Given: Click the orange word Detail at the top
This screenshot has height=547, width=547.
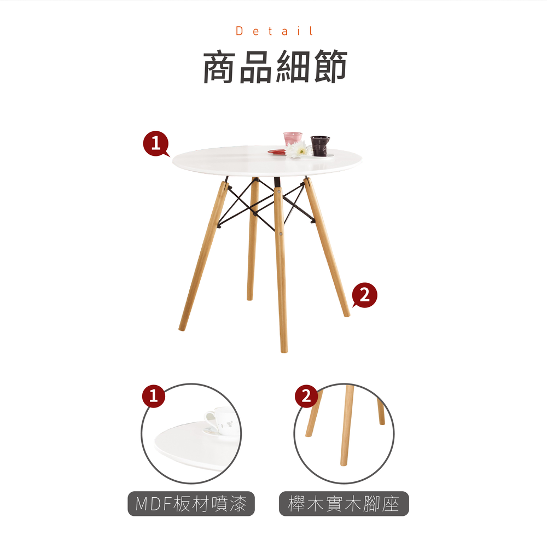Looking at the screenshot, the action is click(275, 31).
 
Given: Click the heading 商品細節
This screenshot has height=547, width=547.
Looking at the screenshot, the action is click(275, 67).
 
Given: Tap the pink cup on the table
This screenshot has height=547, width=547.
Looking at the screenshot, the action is click(292, 138).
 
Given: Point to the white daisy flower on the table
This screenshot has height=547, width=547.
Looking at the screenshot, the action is click(299, 150).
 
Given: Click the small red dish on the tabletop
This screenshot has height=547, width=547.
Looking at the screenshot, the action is click(277, 152).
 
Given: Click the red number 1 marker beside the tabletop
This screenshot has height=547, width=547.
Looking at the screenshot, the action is click(156, 143).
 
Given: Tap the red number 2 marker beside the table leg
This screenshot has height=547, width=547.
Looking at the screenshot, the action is click(364, 295).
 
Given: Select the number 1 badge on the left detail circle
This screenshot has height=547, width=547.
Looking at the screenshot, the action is click(154, 396).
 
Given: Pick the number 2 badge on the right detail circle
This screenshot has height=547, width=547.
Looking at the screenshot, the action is click(306, 396).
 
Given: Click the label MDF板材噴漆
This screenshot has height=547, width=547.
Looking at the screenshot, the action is click(191, 504).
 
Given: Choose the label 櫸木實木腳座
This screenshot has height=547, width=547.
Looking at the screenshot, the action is click(344, 504).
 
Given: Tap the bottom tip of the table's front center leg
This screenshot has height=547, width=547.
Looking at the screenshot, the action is click(284, 351).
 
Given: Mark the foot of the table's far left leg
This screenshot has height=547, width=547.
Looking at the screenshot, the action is click(182, 328).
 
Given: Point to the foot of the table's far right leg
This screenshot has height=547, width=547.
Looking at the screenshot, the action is click(347, 315).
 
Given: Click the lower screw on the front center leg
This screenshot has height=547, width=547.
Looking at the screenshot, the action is click(281, 234).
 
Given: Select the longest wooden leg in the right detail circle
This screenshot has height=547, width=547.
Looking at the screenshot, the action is click(346, 425).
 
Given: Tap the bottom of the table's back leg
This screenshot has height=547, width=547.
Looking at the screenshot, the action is click(249, 298).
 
